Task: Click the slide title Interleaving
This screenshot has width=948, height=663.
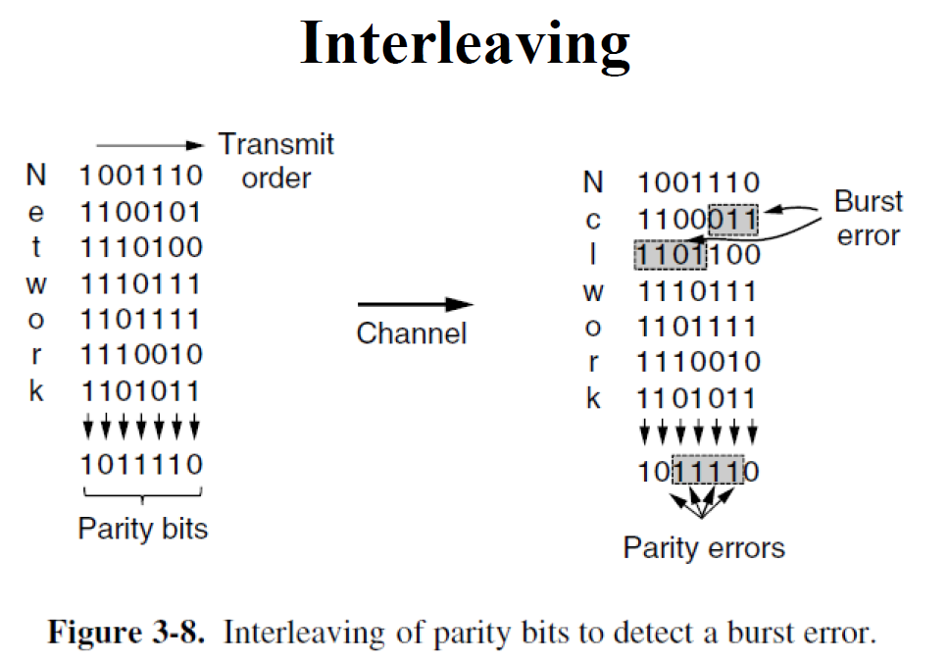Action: tap(465, 45)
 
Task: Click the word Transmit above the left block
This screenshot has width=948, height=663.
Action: tap(275, 144)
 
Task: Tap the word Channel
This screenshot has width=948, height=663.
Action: tap(412, 334)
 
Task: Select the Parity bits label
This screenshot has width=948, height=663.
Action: tap(143, 529)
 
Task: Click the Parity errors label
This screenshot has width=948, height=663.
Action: tap(704, 546)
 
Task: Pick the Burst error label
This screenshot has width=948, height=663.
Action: tap(868, 219)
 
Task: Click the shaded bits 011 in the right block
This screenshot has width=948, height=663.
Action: tap(733, 219)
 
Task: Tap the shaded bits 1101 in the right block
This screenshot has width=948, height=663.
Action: tap(668, 255)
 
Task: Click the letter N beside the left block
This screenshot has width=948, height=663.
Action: tap(36, 176)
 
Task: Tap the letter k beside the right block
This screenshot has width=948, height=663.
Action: tap(593, 399)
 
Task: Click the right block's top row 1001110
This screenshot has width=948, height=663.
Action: tap(698, 182)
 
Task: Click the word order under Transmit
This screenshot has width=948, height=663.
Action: tap(275, 178)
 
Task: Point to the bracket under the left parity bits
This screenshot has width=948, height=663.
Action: tap(143, 495)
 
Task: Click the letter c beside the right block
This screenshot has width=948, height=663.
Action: tap(593, 220)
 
